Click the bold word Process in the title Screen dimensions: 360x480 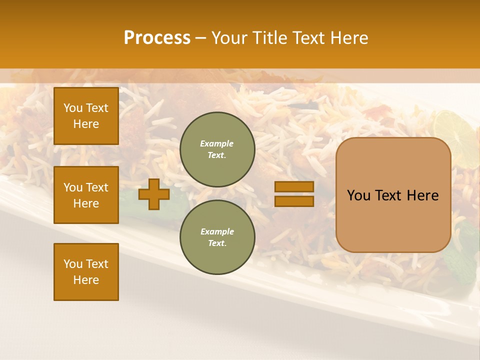point(157,37)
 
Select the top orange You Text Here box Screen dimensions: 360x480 point(86,116)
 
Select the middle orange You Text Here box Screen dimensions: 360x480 point(86,195)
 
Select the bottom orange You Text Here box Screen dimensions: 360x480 point(86,272)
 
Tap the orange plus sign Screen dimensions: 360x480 point(154,194)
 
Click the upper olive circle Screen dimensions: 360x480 point(217,149)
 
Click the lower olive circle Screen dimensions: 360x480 point(217,237)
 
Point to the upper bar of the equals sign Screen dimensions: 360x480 point(294,186)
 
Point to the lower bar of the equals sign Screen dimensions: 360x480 point(294,201)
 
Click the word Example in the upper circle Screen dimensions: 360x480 point(217,143)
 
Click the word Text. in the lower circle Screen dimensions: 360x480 point(217,243)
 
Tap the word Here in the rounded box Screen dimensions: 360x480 point(422,195)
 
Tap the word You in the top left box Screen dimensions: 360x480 point(73,108)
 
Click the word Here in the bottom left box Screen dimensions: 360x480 point(86,280)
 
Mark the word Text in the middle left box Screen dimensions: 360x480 point(97,187)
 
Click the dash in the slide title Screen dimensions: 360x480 point(200,38)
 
